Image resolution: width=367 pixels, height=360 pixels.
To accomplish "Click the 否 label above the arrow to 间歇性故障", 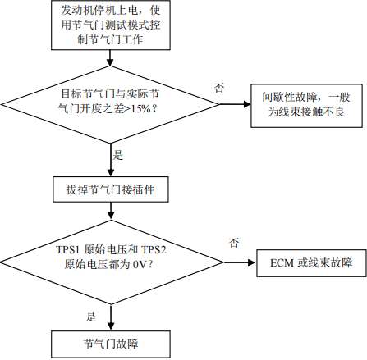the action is [219, 88].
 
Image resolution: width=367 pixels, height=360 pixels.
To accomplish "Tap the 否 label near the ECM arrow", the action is [234, 243].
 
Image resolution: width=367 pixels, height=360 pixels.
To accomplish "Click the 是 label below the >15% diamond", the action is [118, 155].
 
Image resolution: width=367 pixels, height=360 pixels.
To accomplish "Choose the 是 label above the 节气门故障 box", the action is [91, 317].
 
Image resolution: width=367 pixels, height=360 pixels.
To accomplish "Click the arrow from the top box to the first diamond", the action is [110, 58].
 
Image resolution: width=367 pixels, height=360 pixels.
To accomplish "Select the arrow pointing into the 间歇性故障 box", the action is [235, 104].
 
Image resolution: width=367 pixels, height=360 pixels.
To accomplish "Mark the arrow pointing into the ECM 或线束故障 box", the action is [240, 262].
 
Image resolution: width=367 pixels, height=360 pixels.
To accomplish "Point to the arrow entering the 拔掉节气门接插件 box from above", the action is [111, 160].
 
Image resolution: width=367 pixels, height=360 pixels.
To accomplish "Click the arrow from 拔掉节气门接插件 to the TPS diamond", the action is [111, 212].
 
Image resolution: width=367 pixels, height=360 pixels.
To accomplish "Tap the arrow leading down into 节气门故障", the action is [111, 317].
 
